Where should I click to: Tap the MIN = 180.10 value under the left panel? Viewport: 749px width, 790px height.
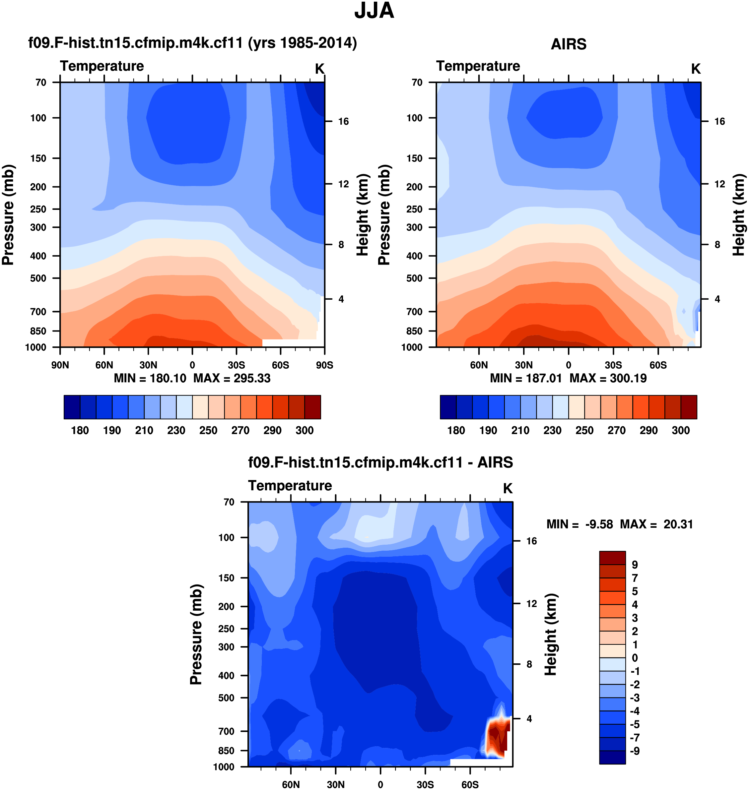[x=150, y=378]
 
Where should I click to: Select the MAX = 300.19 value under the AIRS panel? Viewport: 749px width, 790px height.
[x=608, y=378]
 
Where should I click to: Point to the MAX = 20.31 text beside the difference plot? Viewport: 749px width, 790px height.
[x=656, y=524]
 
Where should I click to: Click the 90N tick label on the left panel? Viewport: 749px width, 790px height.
[x=60, y=365]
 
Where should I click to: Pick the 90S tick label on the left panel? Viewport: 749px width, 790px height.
[x=324, y=365]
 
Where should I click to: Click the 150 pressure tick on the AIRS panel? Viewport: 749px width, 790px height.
[x=414, y=158]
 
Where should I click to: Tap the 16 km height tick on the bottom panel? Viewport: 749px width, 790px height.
[x=531, y=541]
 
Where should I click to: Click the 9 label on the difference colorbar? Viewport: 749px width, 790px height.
[x=635, y=565]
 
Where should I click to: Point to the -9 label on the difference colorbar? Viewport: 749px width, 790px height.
[x=635, y=751]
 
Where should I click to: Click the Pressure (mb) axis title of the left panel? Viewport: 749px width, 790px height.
[x=8, y=215]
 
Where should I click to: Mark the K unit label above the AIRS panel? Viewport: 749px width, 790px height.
[x=696, y=69]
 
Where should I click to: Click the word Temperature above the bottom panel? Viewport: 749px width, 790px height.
[x=290, y=486]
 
